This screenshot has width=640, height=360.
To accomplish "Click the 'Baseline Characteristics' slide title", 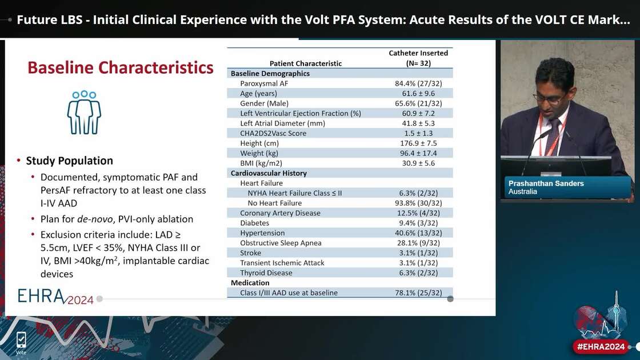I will coord(121,67).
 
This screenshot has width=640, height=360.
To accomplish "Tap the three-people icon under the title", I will coord(84,112).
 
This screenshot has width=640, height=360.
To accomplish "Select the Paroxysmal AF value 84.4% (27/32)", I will coord(418,83).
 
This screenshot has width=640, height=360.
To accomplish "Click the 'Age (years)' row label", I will coord(258,93).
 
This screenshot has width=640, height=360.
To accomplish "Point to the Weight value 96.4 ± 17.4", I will coord(418,153).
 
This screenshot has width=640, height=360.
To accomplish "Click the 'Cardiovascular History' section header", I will coord(269,173).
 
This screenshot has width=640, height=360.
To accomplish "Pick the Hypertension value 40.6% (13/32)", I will coord(418,233).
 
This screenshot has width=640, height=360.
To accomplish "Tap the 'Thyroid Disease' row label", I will coord(266,273).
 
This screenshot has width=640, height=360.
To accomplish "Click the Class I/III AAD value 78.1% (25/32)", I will coord(418,293).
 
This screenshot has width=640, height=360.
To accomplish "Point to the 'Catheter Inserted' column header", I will coord(418,53).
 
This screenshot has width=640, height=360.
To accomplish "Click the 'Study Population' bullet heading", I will coord(69,161).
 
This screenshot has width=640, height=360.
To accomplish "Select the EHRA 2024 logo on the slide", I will coord(55,296).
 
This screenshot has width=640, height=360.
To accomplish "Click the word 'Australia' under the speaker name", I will coord(523,192).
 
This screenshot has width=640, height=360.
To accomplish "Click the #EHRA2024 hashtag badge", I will coord(601,346).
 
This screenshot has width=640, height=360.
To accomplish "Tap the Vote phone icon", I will coord(21,341).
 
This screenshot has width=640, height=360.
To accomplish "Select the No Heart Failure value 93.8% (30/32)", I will coord(418,203).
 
